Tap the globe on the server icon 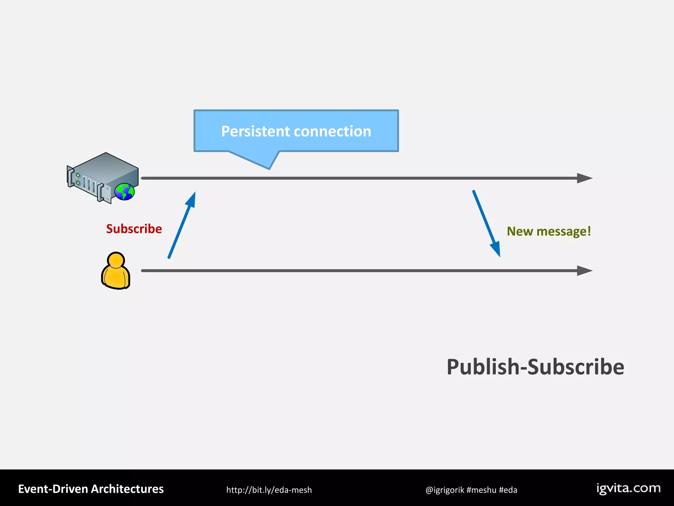(125, 192)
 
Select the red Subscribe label (134, 229)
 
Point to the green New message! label (549, 231)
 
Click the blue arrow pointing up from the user (182, 225)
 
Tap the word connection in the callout (332, 131)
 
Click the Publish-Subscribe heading (535, 367)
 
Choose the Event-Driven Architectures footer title (91, 489)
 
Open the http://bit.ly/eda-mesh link (269, 490)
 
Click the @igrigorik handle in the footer (445, 490)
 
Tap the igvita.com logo (629, 488)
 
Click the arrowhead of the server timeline (584, 178)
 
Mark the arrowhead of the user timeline (584, 271)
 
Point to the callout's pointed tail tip (269, 169)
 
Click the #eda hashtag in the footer (508, 490)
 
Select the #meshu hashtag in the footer (481, 490)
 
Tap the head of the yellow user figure (116, 260)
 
